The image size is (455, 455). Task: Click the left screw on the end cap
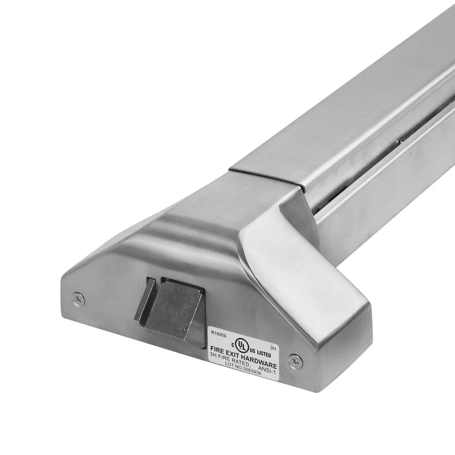click(78, 297)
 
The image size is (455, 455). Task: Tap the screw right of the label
click(293, 360)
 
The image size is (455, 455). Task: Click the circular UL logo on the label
click(242, 346)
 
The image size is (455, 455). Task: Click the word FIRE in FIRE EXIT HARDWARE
click(216, 349)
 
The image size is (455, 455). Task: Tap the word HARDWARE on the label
click(259, 361)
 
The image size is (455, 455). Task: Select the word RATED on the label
click(240, 362)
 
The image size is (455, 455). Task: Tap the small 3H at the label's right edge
click(273, 348)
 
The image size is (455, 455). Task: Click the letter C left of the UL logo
click(233, 345)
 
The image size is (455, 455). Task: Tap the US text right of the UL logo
click(253, 350)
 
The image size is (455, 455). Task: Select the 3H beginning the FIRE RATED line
click(213, 355)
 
